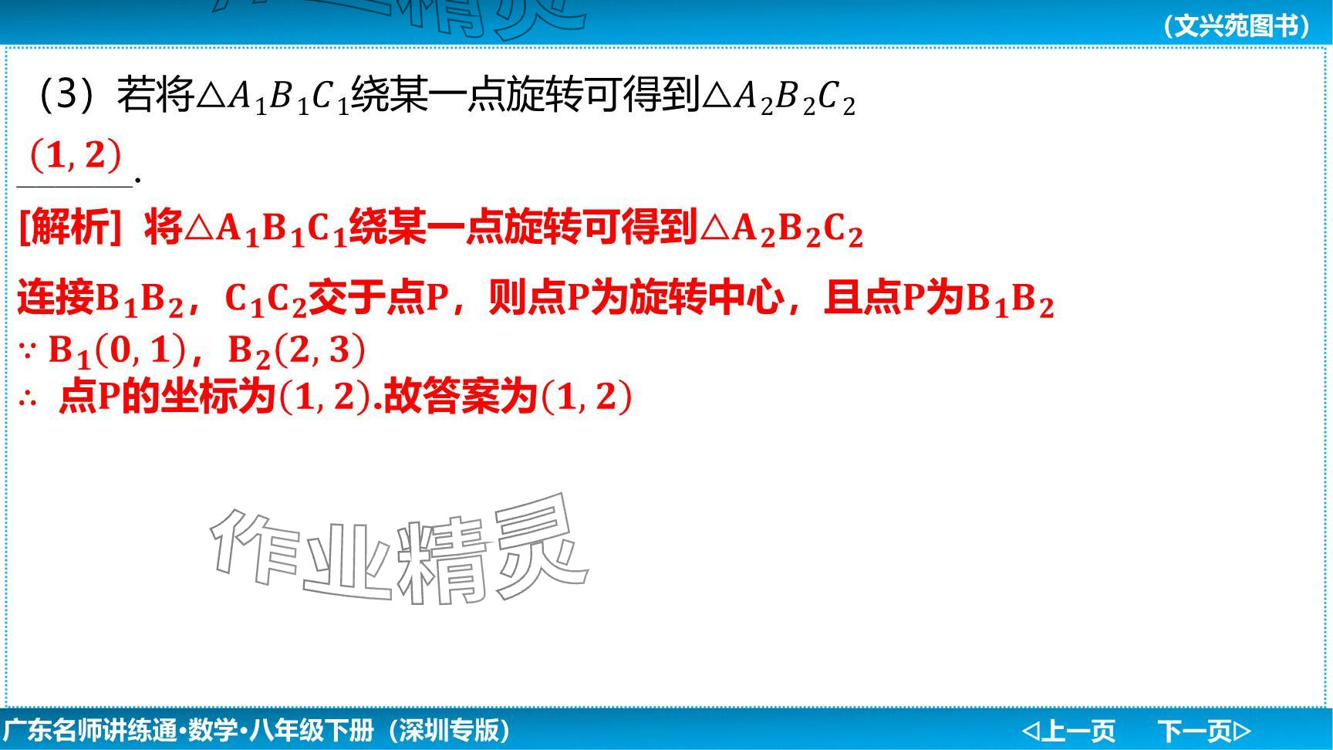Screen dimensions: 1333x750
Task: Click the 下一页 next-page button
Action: pos(1204,730)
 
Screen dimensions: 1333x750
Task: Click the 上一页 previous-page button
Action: pos(1068,730)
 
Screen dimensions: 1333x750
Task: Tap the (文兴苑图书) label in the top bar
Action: pos(1237,26)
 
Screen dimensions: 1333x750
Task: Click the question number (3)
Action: pos(66,96)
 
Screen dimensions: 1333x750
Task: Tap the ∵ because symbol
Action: pos(28,351)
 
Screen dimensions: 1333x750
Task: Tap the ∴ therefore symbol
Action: pos(28,399)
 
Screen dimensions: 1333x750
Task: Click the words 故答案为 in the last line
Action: pos(461,397)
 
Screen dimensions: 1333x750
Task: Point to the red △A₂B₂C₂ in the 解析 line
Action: pos(780,229)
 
